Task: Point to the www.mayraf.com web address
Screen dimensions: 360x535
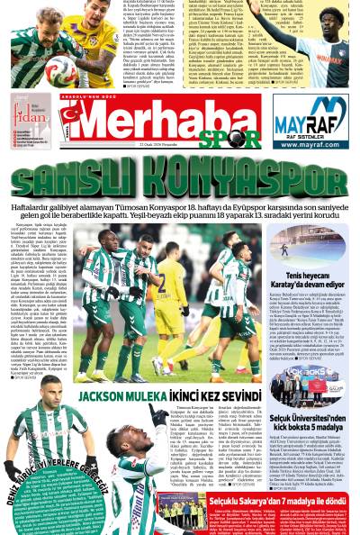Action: click(x=310, y=143)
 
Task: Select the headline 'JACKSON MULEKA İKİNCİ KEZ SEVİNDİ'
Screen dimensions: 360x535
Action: click(x=168, y=395)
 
